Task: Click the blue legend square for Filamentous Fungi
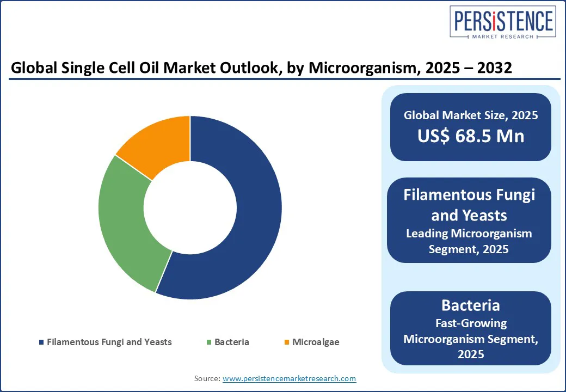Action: [41, 342]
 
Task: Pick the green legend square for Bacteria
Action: [209, 342]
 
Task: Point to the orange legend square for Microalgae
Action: [287, 342]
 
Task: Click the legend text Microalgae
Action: [316, 342]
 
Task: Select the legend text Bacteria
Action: [232, 342]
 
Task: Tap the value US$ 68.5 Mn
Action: [471, 135]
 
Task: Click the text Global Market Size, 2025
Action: [471, 115]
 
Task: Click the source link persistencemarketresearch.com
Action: [290, 378]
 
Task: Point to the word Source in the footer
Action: [207, 378]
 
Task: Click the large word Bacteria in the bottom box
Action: [471, 305]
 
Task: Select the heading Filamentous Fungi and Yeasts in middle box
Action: [469, 205]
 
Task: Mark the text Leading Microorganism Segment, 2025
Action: [469, 241]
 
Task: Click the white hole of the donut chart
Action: [190, 207]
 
